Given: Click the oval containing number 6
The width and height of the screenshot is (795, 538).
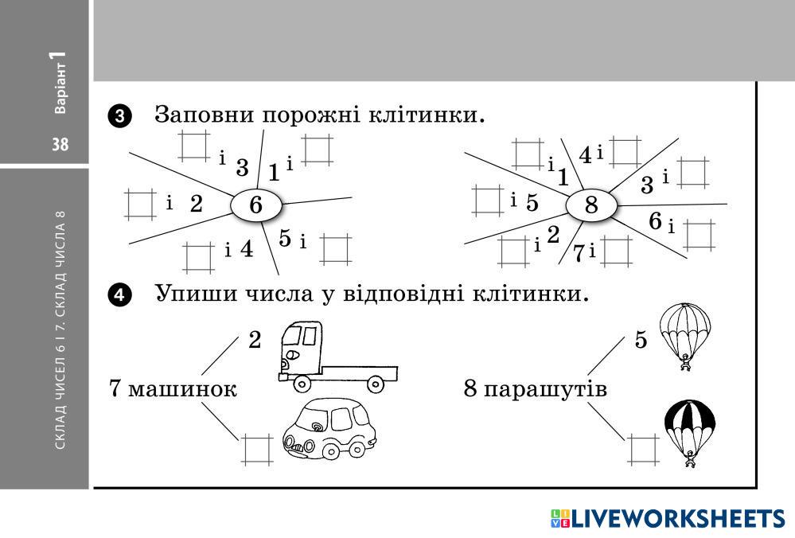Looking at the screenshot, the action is [256, 205].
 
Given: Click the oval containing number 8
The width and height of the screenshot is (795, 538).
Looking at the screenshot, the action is [591, 206].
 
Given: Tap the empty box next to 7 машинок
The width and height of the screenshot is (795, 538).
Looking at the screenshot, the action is [256, 449].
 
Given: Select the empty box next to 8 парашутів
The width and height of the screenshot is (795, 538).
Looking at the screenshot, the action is [643, 449].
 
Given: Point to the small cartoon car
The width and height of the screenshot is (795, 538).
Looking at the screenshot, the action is [329, 431].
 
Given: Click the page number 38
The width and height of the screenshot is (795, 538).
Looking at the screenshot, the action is [60, 145].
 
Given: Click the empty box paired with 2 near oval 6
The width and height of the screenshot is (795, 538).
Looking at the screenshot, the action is [139, 203].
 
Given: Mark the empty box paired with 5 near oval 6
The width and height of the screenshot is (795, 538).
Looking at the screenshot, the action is [335, 248].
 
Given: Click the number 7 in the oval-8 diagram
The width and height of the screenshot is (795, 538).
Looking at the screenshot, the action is [579, 253].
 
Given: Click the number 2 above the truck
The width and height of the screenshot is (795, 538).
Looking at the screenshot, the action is [255, 341].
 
